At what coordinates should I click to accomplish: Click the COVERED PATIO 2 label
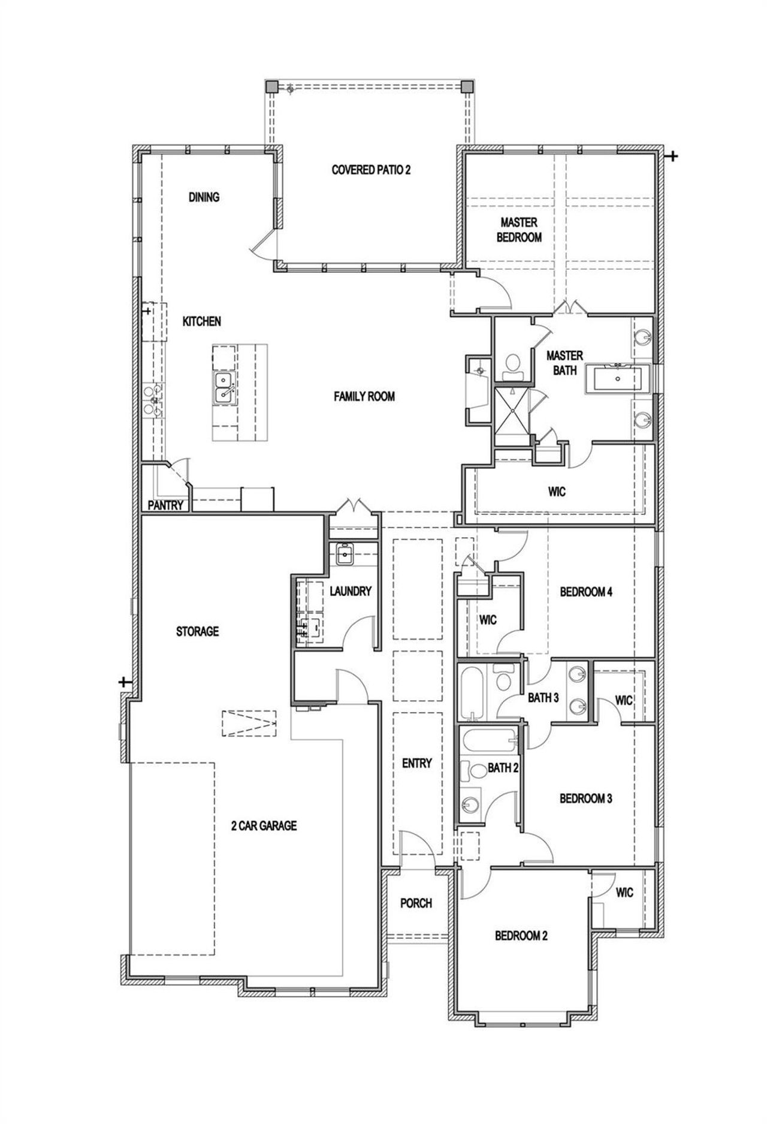point(371,170)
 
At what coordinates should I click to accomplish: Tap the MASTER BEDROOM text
point(519,230)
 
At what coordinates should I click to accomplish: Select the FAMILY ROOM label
point(364,396)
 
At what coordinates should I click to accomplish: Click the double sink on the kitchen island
point(224,387)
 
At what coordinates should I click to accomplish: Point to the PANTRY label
point(165,505)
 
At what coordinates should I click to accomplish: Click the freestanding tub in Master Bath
point(617,379)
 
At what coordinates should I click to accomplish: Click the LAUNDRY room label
point(351,591)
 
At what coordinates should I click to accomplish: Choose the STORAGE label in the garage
point(197,631)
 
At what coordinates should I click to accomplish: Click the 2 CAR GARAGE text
point(264,825)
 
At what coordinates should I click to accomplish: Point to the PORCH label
point(416,903)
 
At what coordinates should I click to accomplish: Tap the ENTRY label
point(417,763)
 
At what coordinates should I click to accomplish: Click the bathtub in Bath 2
point(488,742)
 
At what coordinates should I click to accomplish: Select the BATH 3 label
point(543,698)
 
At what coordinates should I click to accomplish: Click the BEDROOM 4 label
point(586,592)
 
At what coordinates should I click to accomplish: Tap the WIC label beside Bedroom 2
point(624,893)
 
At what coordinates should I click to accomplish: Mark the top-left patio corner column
point(271,86)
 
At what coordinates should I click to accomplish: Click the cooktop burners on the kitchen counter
point(151,400)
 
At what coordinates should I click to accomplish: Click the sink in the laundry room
point(345,555)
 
